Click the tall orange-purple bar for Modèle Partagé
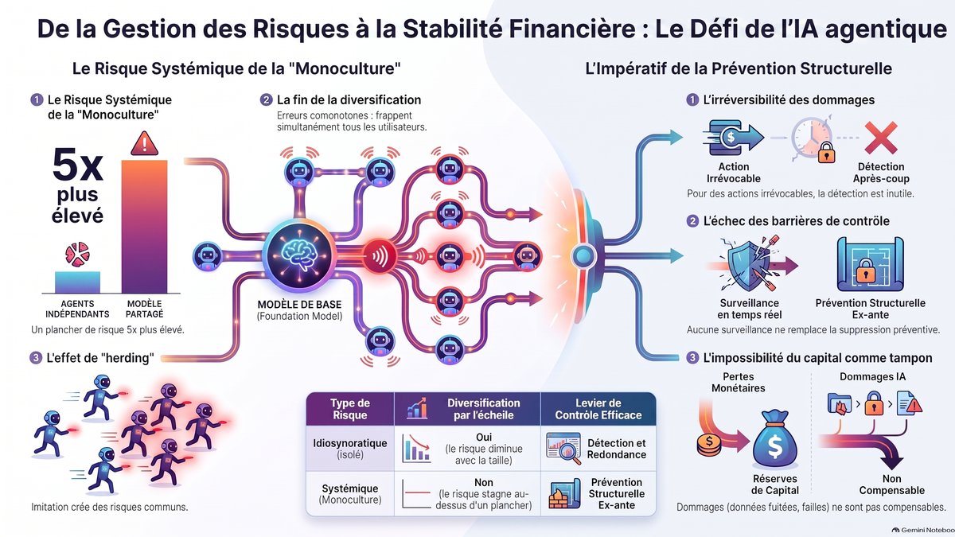144,226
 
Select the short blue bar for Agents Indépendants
78,282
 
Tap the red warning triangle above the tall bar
145,144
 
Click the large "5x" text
78,165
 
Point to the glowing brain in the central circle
299,255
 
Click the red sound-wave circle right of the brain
379,256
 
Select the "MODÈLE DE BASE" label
299,304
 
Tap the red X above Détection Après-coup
881,138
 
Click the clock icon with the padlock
812,140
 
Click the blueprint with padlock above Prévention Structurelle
870,265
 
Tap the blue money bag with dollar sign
774,439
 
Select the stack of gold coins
709,445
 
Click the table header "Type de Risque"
350,409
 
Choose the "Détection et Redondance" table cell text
617,449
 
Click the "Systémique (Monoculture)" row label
350,494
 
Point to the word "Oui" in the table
484,437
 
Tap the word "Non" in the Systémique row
484,482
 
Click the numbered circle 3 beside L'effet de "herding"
35,357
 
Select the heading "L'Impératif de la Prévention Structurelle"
739,68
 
